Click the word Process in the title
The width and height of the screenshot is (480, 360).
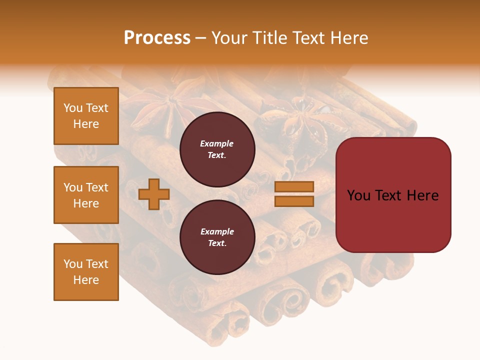[157, 38]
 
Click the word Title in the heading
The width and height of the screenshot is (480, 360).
[270, 38]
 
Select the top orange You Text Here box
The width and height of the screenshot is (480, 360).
[86, 116]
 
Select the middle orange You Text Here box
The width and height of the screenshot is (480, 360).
[86, 195]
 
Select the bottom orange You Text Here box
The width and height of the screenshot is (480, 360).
[86, 272]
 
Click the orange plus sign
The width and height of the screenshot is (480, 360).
[154, 194]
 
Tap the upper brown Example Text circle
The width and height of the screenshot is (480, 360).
[217, 149]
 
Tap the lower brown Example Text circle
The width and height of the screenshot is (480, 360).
[217, 237]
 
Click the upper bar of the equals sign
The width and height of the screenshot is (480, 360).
[294, 186]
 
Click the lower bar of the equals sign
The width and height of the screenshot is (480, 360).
[294, 201]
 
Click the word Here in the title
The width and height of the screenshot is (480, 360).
[349, 38]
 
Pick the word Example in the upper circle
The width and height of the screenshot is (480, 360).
[217, 143]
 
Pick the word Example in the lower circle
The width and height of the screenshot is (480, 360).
[217, 231]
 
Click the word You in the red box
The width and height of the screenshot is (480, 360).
[358, 195]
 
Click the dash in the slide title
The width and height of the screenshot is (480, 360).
[200, 38]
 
